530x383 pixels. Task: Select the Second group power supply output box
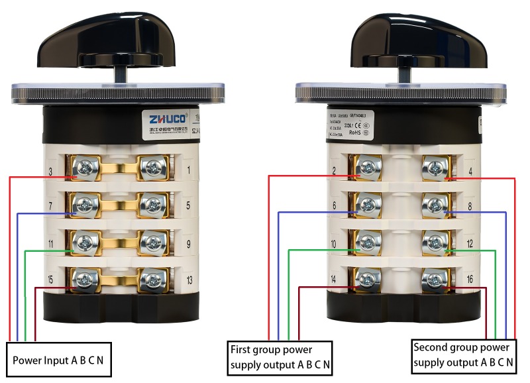[462, 355]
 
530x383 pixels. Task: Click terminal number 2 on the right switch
[335, 171]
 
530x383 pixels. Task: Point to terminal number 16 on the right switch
[469, 279]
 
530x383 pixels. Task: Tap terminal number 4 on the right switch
[469, 173]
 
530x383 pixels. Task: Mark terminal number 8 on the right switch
[469, 207]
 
